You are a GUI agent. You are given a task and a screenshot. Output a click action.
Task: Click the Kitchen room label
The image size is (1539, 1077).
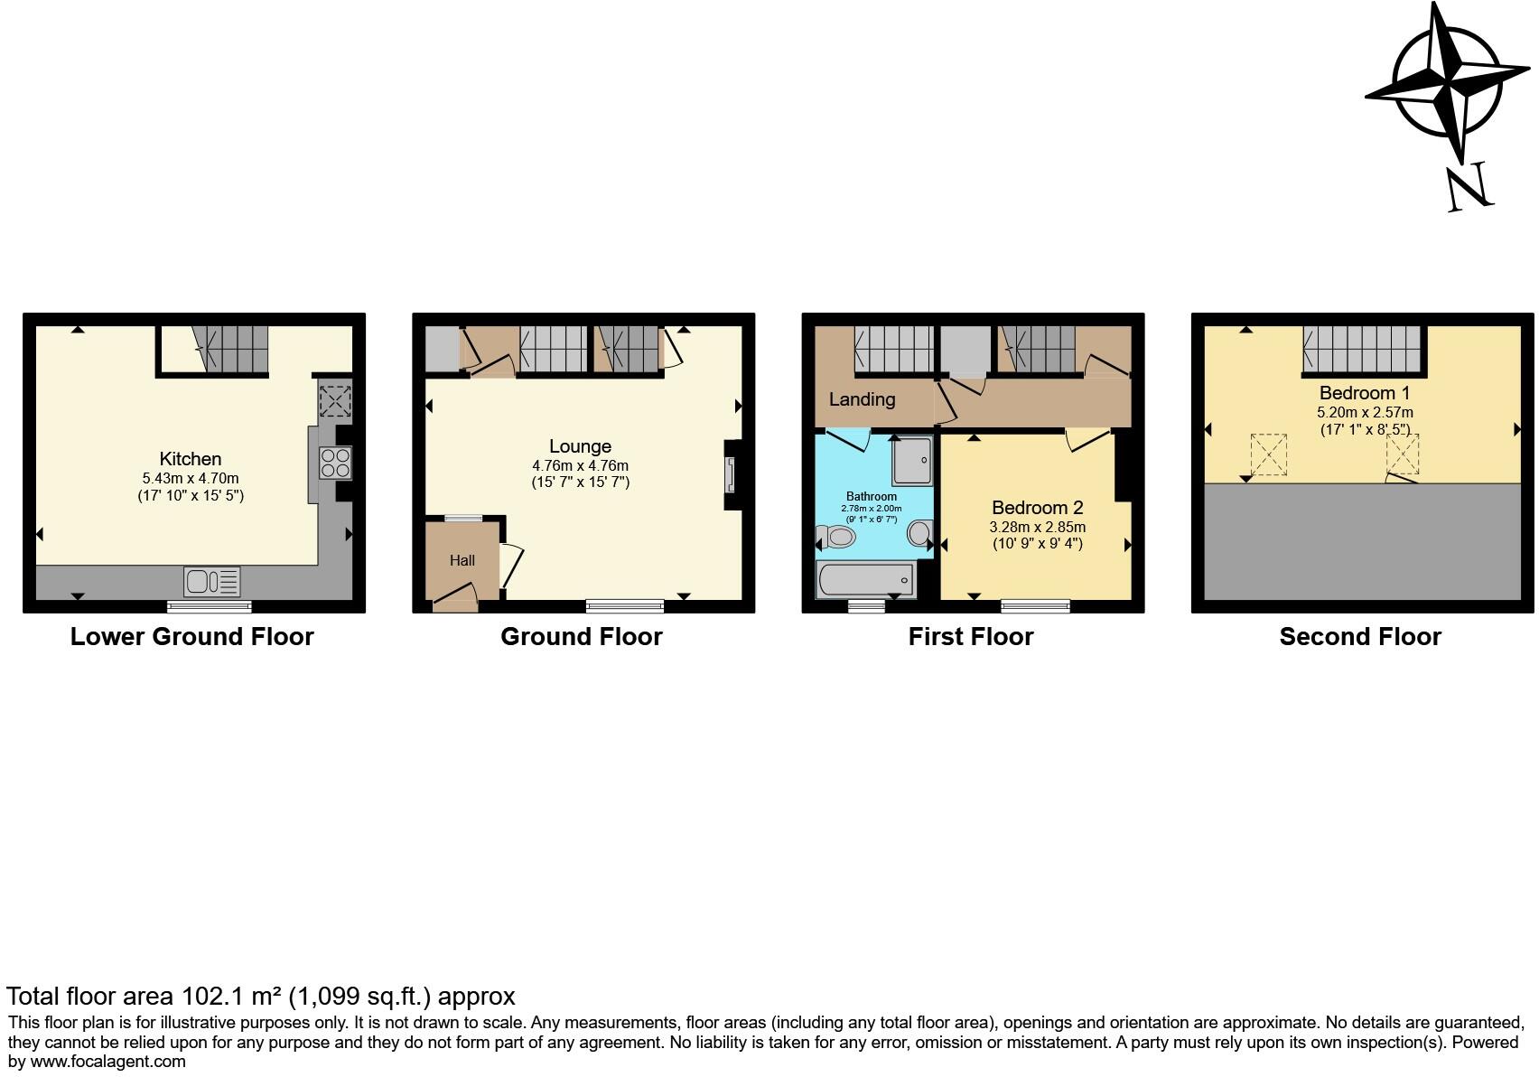(190, 459)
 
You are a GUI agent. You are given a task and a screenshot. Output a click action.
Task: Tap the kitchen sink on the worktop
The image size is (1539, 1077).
(212, 581)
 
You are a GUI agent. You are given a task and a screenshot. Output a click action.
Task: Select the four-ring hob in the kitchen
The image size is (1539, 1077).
(335, 464)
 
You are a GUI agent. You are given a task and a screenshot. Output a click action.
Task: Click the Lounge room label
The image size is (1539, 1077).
(580, 446)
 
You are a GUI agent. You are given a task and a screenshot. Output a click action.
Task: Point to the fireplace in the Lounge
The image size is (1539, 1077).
(730, 475)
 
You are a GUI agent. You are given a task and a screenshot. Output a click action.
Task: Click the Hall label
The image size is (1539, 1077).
(462, 560)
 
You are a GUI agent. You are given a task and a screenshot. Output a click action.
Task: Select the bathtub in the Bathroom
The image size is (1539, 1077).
(866, 579)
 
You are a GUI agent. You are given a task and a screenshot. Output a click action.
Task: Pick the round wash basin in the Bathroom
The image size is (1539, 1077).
(919, 533)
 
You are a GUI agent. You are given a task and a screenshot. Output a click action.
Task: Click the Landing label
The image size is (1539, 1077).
(862, 399)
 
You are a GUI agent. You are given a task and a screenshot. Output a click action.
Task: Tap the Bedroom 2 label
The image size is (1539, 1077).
(1037, 508)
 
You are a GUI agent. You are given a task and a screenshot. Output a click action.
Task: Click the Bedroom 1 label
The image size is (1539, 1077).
(1364, 393)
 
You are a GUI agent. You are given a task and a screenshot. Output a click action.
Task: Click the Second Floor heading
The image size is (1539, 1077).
(1360, 637)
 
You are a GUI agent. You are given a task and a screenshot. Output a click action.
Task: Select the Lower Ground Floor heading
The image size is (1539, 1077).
(192, 637)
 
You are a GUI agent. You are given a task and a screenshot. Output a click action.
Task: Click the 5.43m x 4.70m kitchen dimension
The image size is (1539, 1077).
(191, 478)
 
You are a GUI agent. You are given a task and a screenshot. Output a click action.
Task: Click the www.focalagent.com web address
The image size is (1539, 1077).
(107, 1062)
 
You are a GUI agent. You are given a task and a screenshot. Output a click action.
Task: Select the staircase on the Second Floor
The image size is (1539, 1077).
(1362, 350)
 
